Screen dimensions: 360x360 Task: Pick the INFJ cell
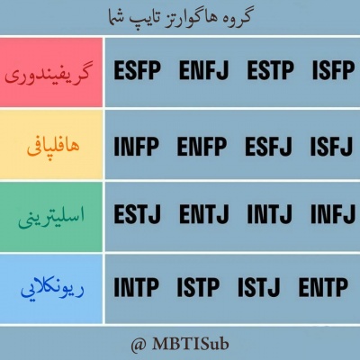333,215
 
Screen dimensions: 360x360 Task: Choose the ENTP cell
327,287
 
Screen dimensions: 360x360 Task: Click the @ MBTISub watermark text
180,343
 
